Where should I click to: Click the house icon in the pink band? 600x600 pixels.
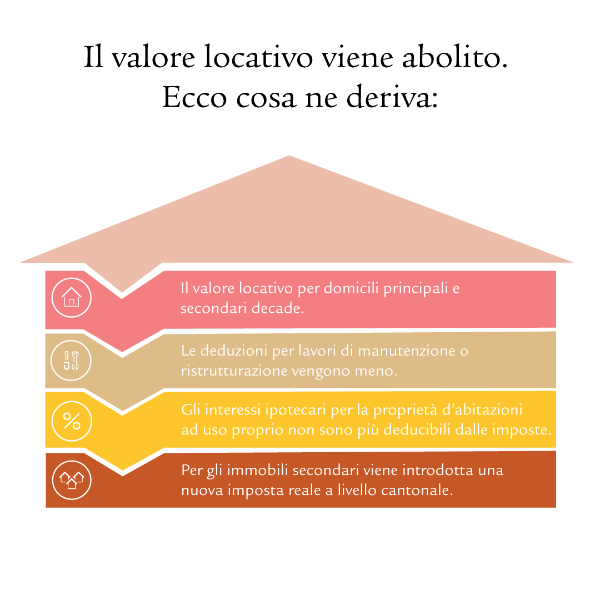[72, 297]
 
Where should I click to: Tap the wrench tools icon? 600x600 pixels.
[71, 361]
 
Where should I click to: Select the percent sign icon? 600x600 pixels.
[72, 421]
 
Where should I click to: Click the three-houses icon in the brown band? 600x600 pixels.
[72, 480]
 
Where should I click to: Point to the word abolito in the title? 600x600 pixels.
[454, 57]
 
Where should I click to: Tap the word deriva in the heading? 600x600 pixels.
[392, 96]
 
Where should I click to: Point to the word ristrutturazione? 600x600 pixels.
[234, 371]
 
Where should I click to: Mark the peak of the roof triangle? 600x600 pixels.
[289, 156]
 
